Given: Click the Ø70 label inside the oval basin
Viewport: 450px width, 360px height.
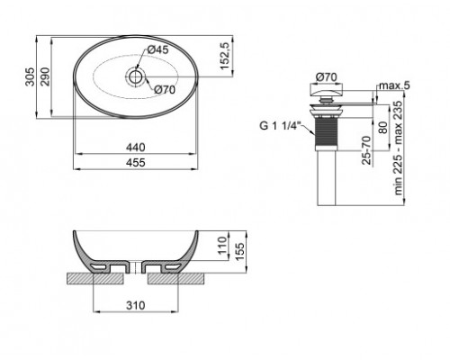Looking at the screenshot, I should coord(164,89).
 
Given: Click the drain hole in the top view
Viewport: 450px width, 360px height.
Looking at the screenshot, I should coord(136,76).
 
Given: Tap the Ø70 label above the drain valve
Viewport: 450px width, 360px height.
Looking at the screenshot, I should coord(326,78).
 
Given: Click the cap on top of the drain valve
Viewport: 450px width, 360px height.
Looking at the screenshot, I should coord(325,93).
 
